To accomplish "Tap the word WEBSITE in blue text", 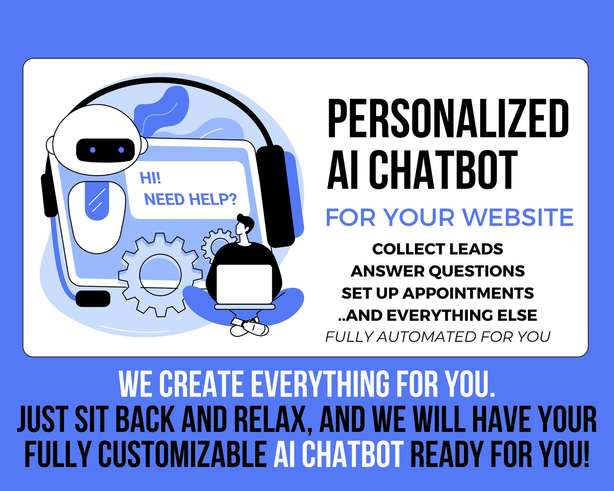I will pyautogui.click(x=518, y=217).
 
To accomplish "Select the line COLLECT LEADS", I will pyautogui.click(x=437, y=249).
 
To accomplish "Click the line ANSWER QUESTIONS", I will pyautogui.click(x=437, y=271).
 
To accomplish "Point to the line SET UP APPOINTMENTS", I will pyautogui.click(x=437, y=293).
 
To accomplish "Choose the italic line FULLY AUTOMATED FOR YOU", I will pyautogui.click(x=437, y=337).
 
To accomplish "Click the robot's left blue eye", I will pyautogui.click(x=93, y=150).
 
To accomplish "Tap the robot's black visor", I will pyautogui.click(x=105, y=150).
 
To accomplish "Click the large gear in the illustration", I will pyautogui.click(x=160, y=274).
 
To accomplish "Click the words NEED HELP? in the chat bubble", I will pyautogui.click(x=190, y=199).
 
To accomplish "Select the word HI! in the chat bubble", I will pyautogui.click(x=150, y=178).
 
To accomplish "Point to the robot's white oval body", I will pyautogui.click(x=97, y=217).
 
